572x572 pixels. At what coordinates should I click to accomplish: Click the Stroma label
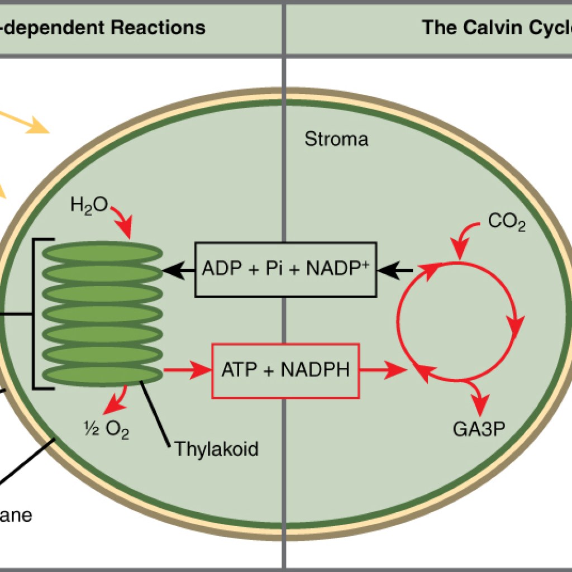click(x=336, y=139)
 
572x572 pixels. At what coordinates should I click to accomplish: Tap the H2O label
click(x=88, y=206)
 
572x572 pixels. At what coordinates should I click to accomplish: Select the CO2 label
click(x=506, y=222)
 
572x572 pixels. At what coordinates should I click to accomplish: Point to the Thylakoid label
click(x=217, y=449)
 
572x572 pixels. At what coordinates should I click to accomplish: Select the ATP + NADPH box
click(x=285, y=370)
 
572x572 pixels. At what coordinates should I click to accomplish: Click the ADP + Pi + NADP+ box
click(x=285, y=270)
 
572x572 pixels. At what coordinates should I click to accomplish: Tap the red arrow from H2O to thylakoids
click(x=123, y=220)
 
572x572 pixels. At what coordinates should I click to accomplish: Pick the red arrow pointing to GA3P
click(x=476, y=395)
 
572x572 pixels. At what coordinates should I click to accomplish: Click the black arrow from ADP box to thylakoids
click(x=178, y=270)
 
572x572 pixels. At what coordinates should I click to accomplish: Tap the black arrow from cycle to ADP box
click(x=395, y=270)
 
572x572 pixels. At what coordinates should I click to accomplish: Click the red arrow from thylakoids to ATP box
click(x=187, y=370)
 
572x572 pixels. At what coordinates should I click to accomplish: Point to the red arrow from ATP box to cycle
click(x=383, y=370)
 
